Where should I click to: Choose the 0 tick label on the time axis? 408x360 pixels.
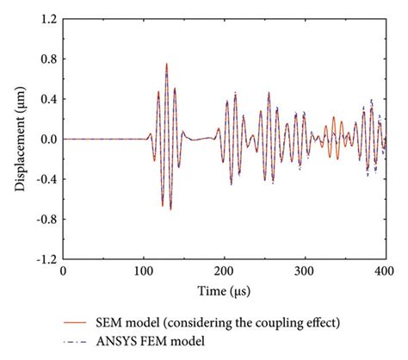(63, 270)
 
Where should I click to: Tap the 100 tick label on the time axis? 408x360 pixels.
(143, 270)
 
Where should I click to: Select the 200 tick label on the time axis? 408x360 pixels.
(224, 270)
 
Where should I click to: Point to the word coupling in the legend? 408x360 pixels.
(258, 323)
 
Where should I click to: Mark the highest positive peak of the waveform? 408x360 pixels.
(167, 63)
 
